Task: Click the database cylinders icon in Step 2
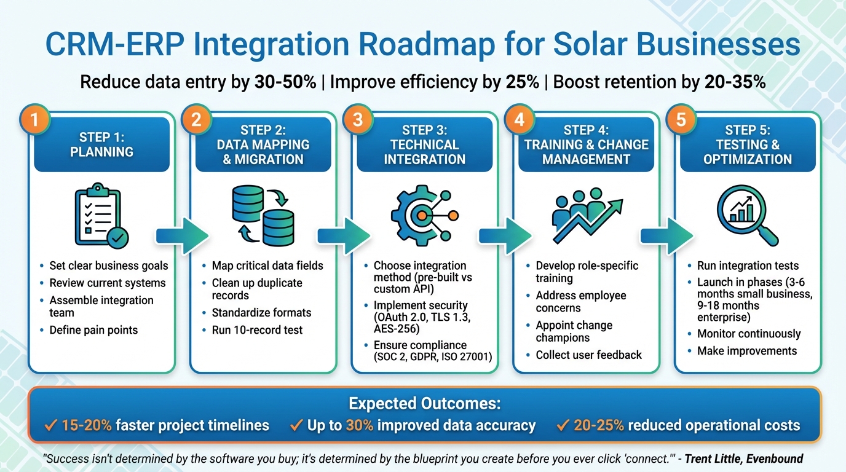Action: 263,216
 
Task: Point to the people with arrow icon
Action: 586,216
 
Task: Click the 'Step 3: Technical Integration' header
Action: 424,144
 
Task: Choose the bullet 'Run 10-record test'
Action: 257,330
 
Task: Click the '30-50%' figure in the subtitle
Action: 285,82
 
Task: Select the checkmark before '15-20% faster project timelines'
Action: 52,425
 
